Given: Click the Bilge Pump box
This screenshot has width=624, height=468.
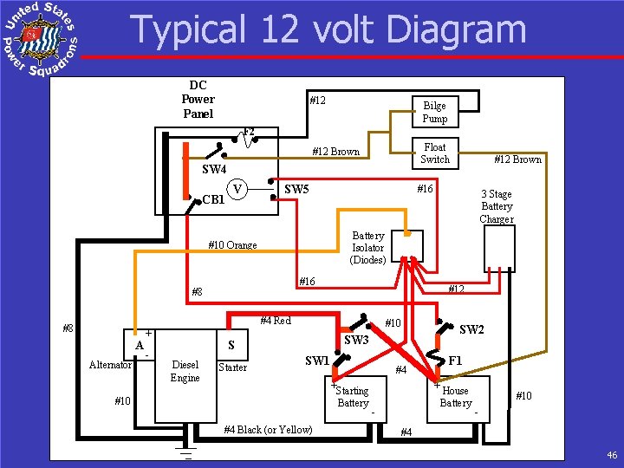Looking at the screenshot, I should click(x=434, y=112).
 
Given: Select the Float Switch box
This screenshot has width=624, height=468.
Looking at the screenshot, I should click(x=434, y=153).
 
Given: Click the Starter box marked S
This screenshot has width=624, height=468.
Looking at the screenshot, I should click(x=231, y=345).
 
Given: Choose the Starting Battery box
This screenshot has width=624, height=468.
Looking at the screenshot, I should click(x=353, y=397).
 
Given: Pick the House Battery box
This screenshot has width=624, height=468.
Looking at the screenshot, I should click(x=457, y=397).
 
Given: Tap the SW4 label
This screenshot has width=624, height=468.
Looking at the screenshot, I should click(x=213, y=168).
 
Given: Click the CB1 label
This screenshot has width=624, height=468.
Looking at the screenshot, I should click(x=213, y=199).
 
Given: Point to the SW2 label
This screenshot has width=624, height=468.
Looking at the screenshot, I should click(x=471, y=329).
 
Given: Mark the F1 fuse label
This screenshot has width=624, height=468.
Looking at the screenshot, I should click(x=453, y=360).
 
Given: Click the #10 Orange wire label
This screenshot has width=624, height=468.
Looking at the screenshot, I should click(x=232, y=245).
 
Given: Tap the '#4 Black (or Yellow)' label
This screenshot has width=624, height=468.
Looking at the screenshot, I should click(x=268, y=429).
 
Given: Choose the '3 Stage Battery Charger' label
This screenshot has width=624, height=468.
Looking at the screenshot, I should click(x=497, y=206).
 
